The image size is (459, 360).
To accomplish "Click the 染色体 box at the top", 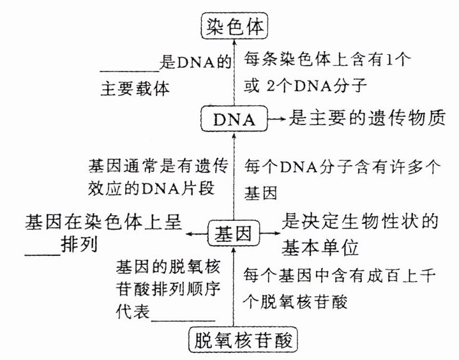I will coord(232,27).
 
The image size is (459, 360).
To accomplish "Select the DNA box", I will coord(233,119).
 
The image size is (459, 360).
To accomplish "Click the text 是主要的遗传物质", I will coord(366,119).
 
